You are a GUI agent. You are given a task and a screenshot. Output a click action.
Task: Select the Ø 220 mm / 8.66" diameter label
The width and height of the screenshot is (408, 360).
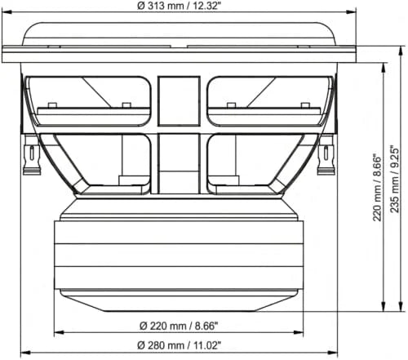[179, 324]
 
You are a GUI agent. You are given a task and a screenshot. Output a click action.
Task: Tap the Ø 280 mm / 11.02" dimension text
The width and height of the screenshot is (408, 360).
[179, 345]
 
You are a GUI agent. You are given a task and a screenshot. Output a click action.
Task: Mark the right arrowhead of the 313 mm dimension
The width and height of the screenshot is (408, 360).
[353, 12]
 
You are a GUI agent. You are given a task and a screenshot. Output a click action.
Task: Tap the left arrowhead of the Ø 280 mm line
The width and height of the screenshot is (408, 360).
[23, 353]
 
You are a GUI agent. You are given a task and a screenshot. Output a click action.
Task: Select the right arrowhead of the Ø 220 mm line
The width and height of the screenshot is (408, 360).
[299, 332]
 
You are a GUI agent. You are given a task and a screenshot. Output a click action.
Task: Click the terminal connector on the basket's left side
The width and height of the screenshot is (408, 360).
[32, 157]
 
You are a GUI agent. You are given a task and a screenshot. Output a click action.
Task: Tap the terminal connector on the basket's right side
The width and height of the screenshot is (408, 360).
[326, 157]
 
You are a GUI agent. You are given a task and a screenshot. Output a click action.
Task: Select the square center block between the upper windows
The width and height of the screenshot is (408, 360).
[179, 100]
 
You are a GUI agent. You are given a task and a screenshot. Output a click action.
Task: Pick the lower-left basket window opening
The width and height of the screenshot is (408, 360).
[109, 163]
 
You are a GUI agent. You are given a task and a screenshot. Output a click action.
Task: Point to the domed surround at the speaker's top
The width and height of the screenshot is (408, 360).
[179, 33]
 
